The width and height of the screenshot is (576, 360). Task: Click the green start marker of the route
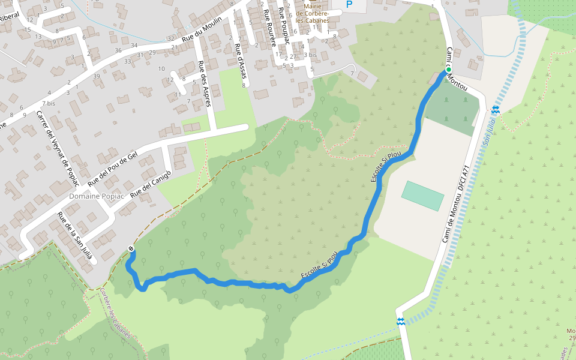(x=448, y=70)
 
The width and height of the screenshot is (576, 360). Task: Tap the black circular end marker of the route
(x=131, y=249)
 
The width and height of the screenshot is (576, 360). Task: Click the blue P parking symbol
(x=349, y=4)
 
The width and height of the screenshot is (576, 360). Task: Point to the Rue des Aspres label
(x=205, y=84)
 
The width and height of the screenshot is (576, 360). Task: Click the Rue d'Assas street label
(x=240, y=59)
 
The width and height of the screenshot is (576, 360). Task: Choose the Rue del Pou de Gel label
(x=113, y=166)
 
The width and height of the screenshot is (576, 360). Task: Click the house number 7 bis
(x=49, y=103)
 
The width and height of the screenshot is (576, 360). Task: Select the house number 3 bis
(x=310, y=55)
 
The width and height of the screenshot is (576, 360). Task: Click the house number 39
(x=97, y=76)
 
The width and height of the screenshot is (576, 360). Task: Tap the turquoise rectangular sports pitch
(x=422, y=196)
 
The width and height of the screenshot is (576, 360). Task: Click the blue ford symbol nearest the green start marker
(x=496, y=109)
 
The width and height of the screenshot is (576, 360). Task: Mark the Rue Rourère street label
(x=268, y=28)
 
